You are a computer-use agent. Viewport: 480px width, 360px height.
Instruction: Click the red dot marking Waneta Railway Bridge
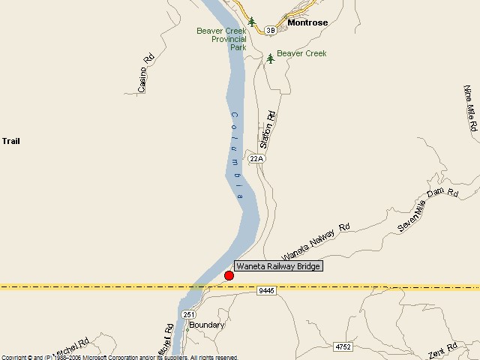pyautogui.click(x=229, y=275)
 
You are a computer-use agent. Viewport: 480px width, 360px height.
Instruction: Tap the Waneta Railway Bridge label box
pyautogui.click(x=278, y=266)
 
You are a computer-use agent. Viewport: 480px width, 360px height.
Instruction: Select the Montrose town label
pyautogui.click(x=307, y=23)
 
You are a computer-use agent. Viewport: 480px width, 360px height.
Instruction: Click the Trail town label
pyautogui.click(x=11, y=141)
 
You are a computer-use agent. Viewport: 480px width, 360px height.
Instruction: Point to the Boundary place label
pyautogui.click(x=206, y=325)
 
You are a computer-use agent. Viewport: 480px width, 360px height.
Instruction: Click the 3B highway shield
pyautogui.click(x=270, y=31)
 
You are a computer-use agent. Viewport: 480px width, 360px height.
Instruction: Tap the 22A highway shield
pyautogui.click(x=256, y=159)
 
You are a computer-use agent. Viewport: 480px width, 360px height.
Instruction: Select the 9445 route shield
pyautogui.click(x=266, y=290)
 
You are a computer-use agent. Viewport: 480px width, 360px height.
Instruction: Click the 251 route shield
pyautogui.click(x=187, y=314)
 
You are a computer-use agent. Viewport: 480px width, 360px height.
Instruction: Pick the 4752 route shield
pyautogui.click(x=343, y=346)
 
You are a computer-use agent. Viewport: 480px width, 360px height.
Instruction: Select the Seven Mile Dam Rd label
pyautogui.click(x=427, y=211)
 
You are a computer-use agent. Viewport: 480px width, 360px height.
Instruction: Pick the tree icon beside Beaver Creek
pyautogui.click(x=271, y=58)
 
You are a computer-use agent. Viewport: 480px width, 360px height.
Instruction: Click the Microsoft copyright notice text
pyautogui.click(x=120, y=357)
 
